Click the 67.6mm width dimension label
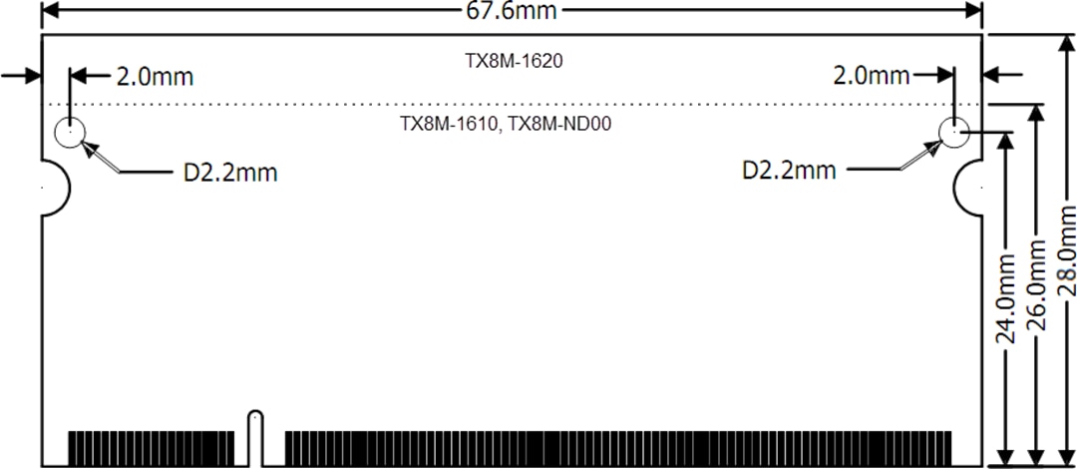[x=512, y=10]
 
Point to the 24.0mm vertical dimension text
[x=1006, y=298]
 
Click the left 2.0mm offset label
[x=155, y=76]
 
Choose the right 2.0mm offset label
[x=871, y=76]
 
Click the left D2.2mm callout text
[x=229, y=173]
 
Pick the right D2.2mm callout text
[x=789, y=171]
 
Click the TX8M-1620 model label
[x=514, y=61]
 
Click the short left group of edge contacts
[x=151, y=448]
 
